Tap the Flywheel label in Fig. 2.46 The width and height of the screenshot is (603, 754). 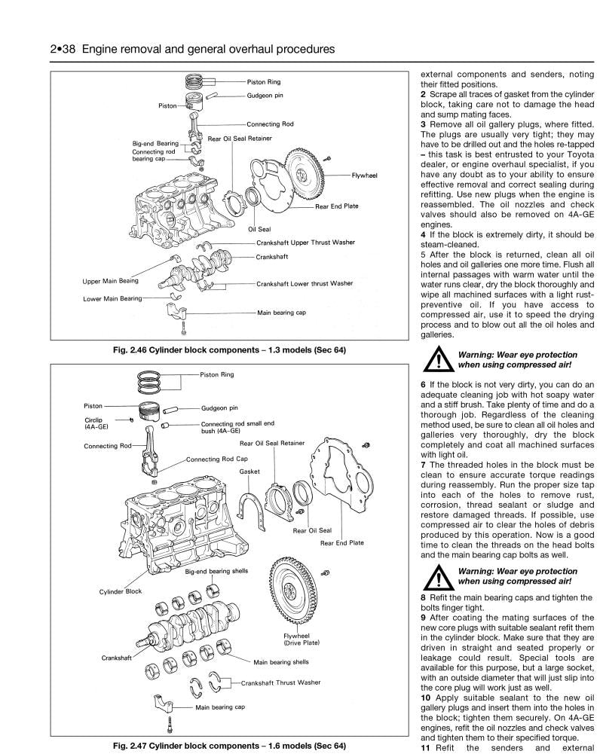[364, 175]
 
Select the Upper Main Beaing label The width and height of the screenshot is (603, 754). [110, 282]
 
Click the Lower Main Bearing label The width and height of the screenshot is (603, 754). [112, 298]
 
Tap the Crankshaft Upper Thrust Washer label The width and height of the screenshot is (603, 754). [305, 242]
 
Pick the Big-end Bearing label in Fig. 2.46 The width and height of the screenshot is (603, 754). [155, 142]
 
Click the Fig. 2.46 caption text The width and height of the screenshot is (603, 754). [226, 351]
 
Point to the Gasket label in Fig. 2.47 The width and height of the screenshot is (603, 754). [249, 472]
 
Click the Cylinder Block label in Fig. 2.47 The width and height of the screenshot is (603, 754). [121, 591]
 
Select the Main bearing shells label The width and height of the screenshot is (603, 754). [281, 662]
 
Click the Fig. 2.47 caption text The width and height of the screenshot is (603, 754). [226, 746]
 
